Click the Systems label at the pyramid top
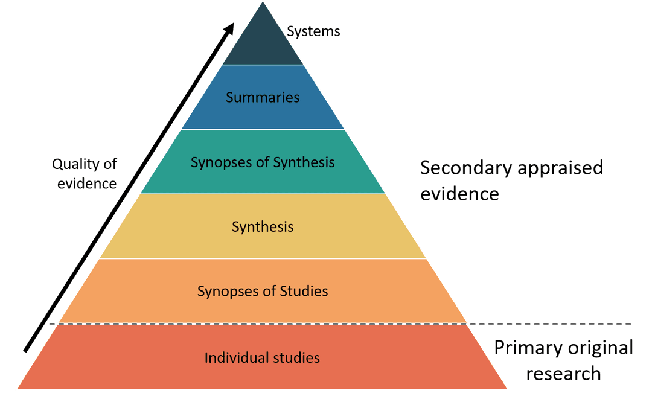tap(313, 31)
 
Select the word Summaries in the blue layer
tap(263, 97)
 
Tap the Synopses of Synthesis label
tap(263, 162)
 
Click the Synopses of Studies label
tap(263, 292)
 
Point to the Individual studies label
tap(262, 357)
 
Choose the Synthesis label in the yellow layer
tap(263, 227)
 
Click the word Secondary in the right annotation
tap(464, 168)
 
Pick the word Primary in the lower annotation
tap(527, 348)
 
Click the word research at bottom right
tap(563, 374)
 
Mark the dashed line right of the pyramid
tap(549, 324)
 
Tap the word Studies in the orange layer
tap(304, 292)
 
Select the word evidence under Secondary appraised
tap(459, 194)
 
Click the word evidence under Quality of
tap(87, 184)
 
